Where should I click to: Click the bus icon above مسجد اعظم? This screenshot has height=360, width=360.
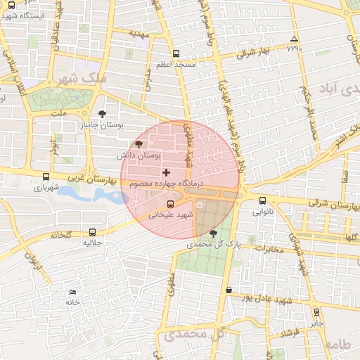pyautogui.click(x=176, y=53)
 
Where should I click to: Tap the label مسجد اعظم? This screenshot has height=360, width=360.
pyautogui.click(x=176, y=64)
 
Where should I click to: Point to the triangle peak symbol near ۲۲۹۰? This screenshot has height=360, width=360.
pyautogui.click(x=294, y=39)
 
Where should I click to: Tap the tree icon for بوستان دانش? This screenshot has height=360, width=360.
pyautogui.click(x=138, y=145)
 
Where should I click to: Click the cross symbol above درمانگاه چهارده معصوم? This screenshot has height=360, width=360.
pyautogui.click(x=166, y=172)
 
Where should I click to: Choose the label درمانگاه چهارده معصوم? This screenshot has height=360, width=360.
pyautogui.click(x=166, y=184)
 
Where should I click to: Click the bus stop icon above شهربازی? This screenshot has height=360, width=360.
pyautogui.click(x=46, y=177)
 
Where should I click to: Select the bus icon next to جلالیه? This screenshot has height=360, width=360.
pyautogui.click(x=93, y=232)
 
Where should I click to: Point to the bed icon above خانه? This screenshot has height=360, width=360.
pyautogui.click(x=73, y=292)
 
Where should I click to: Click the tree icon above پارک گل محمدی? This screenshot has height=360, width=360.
pyautogui.click(x=214, y=233)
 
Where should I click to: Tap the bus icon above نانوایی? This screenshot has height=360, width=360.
pyautogui.click(x=263, y=200)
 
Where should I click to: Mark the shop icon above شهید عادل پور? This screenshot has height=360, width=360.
pyautogui.click(x=229, y=289)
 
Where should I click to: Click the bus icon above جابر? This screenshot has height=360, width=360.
pyautogui.click(x=316, y=311)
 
